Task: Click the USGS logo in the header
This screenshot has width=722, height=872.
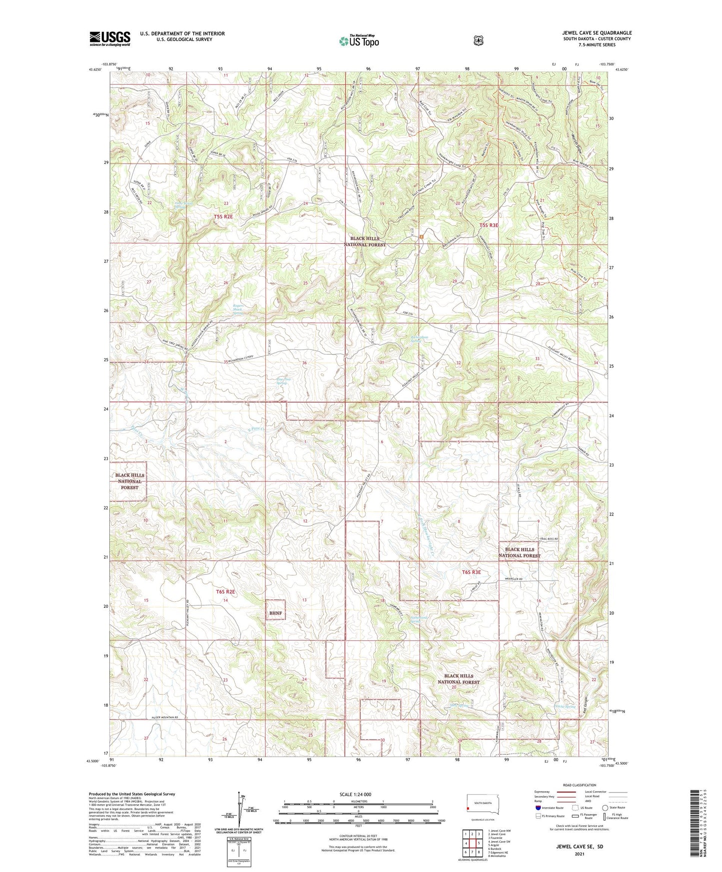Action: tap(110, 38)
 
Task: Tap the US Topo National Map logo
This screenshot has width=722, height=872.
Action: tap(359, 41)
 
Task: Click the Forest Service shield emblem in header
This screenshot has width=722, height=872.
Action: tap(478, 40)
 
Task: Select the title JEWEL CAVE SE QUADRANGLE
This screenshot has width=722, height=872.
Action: tap(597, 33)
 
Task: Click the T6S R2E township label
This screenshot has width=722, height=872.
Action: tap(225, 592)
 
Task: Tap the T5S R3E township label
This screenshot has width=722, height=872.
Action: tap(489, 225)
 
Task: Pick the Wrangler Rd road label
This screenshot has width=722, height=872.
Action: tap(513, 579)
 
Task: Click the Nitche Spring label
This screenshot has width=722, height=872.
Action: tap(566, 707)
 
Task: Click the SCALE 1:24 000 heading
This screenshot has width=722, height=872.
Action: tap(355, 795)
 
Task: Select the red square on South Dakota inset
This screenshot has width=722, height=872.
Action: tap(468, 809)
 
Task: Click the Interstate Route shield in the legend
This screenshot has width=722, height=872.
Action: tap(538, 807)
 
